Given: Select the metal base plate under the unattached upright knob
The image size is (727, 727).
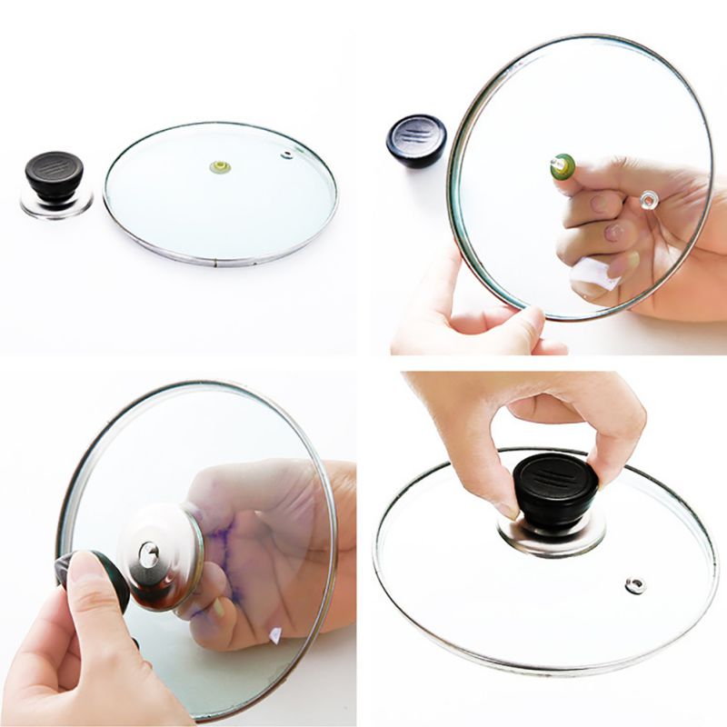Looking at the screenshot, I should (56, 204).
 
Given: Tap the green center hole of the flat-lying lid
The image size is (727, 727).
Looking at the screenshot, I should (219, 167).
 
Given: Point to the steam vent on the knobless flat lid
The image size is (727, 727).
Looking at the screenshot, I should (287, 154).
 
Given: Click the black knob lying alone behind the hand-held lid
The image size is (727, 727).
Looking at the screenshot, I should (416, 139).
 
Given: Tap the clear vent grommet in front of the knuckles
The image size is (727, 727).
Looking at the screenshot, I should (649, 199).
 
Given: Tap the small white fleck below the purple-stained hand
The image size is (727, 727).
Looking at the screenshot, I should (275, 635).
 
